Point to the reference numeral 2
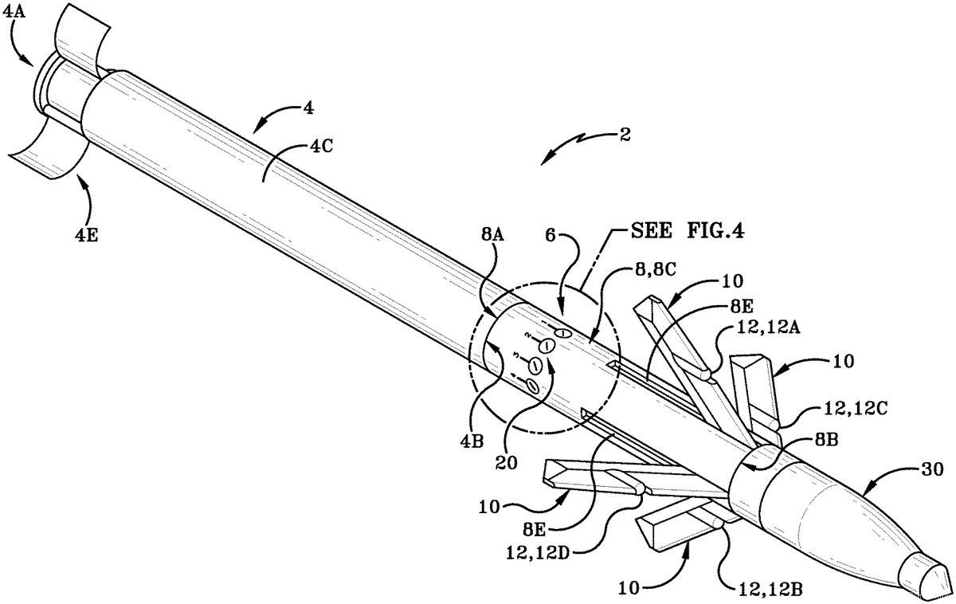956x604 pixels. point(624,135)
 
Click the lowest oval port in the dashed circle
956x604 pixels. point(532,386)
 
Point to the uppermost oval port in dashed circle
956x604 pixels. point(562,331)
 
